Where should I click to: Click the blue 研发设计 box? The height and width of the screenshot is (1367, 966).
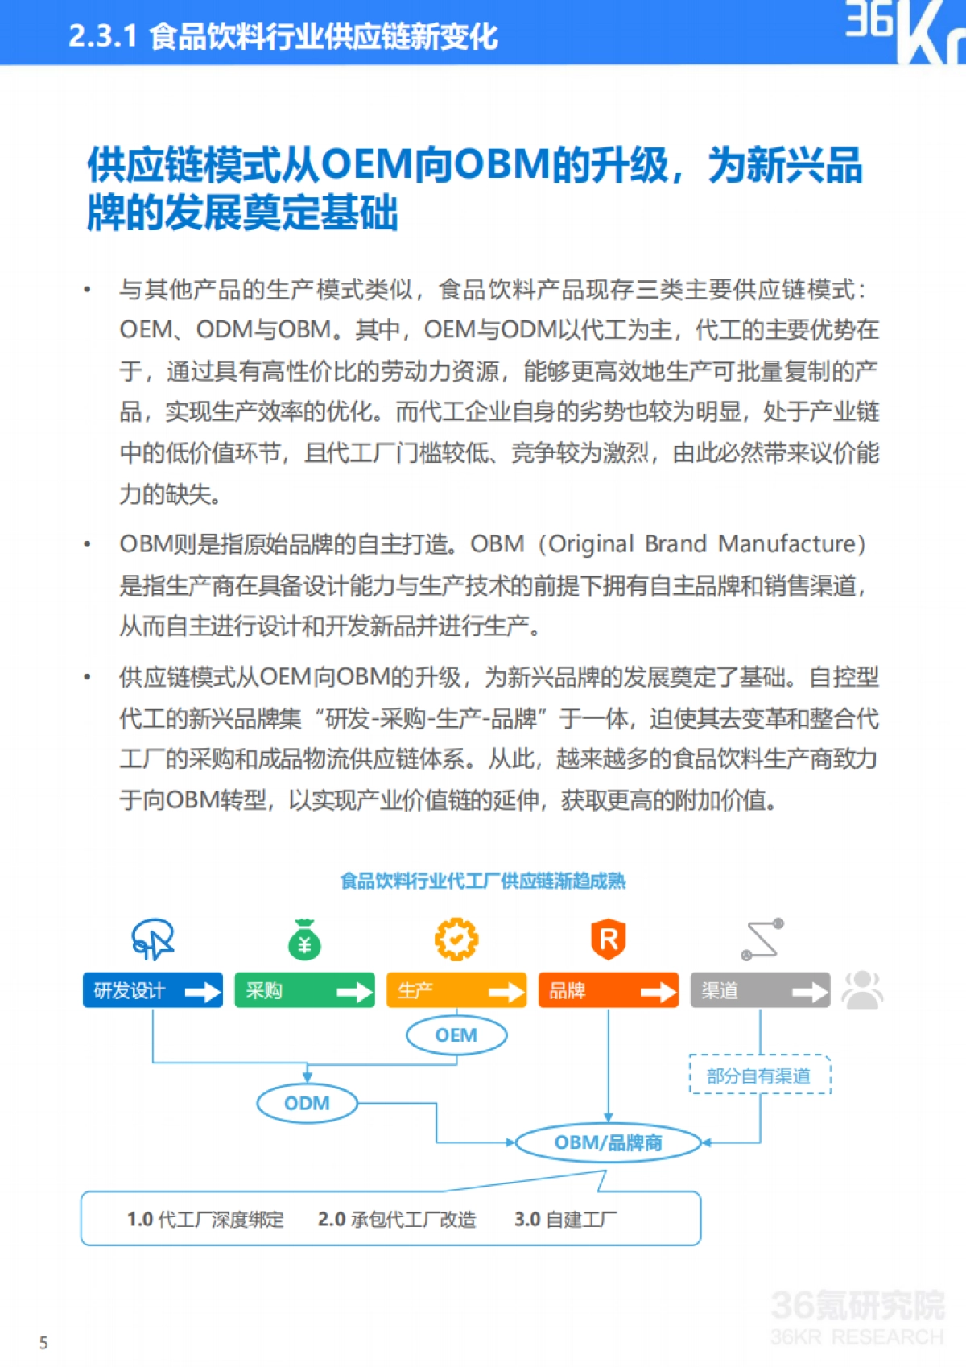click(152, 990)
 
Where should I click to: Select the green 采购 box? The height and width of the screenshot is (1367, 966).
click(304, 990)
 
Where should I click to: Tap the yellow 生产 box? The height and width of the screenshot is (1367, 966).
click(456, 990)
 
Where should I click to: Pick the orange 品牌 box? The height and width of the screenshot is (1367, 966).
click(608, 990)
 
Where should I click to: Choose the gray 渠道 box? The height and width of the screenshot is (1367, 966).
click(759, 990)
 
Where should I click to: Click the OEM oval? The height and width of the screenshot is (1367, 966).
click(456, 1035)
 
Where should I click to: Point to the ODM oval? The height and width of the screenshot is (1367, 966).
click(307, 1103)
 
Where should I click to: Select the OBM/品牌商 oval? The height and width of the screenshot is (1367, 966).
click(608, 1142)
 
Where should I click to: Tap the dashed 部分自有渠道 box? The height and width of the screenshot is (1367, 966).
click(759, 1076)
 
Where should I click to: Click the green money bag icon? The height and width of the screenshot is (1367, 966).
click(304, 940)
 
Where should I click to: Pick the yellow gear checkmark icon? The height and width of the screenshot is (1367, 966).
click(456, 939)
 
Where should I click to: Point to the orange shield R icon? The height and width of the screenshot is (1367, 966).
click(609, 939)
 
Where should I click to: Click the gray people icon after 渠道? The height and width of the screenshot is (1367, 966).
click(862, 989)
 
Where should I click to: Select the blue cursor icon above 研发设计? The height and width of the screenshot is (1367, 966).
click(153, 939)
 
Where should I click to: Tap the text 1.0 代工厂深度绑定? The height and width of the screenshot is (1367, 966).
click(205, 1220)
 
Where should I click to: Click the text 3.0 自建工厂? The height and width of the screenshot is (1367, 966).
click(565, 1220)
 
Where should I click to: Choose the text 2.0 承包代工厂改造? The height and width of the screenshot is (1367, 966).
click(397, 1220)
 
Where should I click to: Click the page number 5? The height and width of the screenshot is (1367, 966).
click(43, 1343)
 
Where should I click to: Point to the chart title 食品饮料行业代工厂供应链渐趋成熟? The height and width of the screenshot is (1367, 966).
click(483, 881)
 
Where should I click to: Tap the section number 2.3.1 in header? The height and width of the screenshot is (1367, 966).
click(102, 36)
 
